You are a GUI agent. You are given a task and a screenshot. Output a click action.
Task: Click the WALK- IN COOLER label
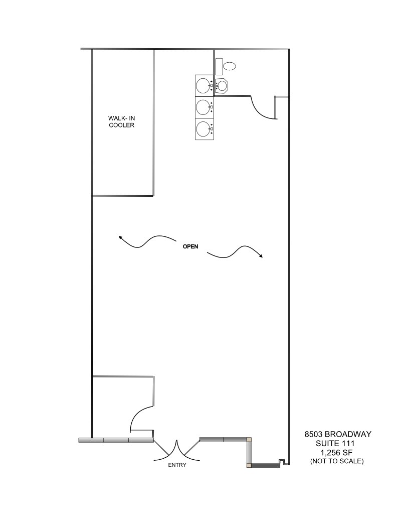tap(121, 122)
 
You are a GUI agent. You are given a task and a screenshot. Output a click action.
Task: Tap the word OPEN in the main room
tap(190, 246)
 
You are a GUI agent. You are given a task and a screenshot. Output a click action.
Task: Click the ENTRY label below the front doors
tap(177, 465)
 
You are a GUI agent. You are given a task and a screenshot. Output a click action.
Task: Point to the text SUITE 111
tap(336, 444)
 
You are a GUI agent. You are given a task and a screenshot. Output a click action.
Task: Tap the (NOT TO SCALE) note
tap(336, 461)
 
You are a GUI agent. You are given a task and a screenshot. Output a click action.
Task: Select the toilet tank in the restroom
tap(219, 66)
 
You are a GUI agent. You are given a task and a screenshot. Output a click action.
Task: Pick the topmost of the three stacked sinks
tap(203, 85)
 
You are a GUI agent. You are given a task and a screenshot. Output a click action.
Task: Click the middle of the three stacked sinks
tap(203, 106)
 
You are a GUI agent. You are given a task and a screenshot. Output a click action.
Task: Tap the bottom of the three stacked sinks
tap(203, 128)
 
